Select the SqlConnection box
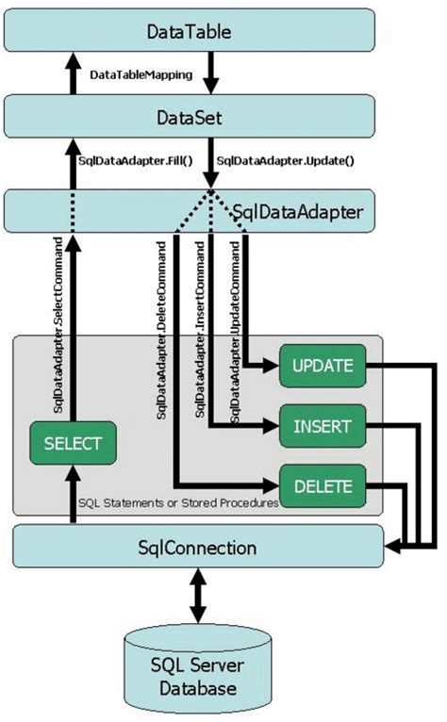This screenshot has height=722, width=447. point(196,547)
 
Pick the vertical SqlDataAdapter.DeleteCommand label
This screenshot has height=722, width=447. point(162,330)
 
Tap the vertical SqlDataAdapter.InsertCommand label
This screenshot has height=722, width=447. point(199,330)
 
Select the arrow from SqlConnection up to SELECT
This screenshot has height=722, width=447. point(72,495)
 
